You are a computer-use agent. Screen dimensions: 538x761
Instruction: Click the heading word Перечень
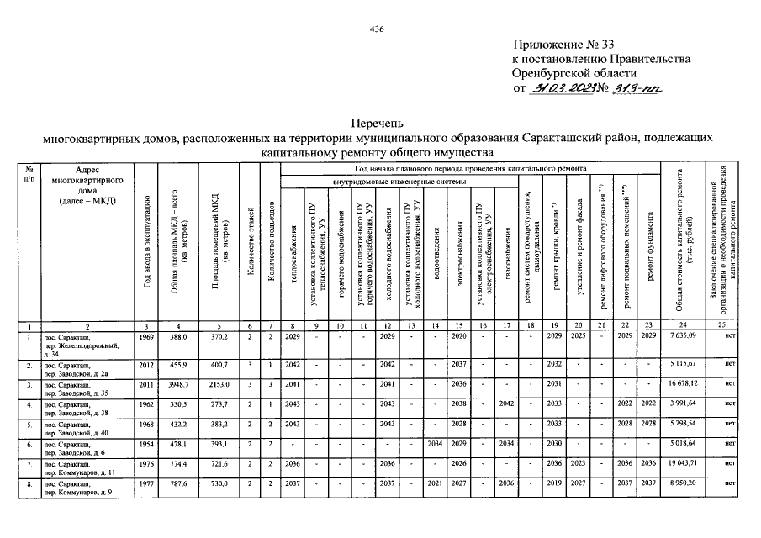tap(378, 123)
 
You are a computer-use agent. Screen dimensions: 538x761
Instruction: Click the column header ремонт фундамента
tap(648, 252)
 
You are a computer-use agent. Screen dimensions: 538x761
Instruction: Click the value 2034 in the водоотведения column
tap(435, 445)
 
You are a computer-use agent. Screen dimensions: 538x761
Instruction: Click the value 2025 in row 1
tap(578, 335)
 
